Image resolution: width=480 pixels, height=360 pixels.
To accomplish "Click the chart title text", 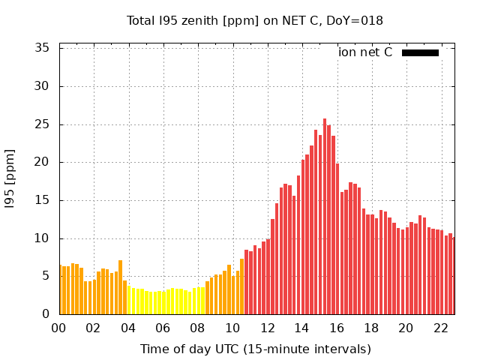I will [x=255, y=20].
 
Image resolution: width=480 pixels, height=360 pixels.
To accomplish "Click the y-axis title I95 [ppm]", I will [x=10, y=178].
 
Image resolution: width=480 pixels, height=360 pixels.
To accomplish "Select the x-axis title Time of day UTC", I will [x=255, y=349].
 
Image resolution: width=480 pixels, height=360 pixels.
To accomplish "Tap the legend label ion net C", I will [x=364, y=52].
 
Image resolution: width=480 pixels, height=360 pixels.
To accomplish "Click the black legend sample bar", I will [x=420, y=52].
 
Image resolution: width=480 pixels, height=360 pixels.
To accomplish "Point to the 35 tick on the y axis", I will [x=43, y=48].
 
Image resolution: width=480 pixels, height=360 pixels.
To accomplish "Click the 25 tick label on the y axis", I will [x=43, y=124].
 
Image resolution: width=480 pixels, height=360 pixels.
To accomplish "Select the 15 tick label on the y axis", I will [x=43, y=200].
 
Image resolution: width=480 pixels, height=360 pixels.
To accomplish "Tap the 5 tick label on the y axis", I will [x=46, y=276].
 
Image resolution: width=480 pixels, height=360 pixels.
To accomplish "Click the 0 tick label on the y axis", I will [x=46, y=314].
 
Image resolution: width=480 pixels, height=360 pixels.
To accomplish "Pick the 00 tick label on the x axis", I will [x=58, y=328].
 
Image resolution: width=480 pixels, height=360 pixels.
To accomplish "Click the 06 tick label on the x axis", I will [x=163, y=328].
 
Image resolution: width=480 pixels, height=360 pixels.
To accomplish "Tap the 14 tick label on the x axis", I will [x=301, y=328].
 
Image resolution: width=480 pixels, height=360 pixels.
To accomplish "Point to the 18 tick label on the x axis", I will [x=371, y=328].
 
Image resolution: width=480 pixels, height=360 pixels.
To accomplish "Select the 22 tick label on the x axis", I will [x=440, y=328].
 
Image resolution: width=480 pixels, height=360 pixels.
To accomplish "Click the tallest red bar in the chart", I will [x=325, y=217].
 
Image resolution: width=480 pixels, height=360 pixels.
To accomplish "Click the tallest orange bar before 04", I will [x=120, y=289].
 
